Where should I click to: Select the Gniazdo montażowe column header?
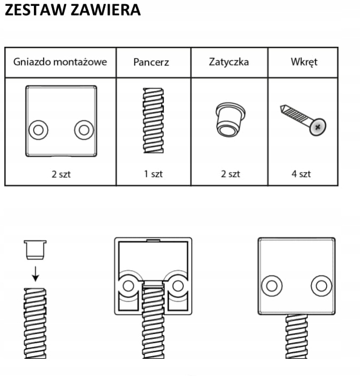tap(60, 62)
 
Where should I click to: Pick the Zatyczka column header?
tap(229, 62)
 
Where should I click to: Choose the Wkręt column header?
tap(303, 62)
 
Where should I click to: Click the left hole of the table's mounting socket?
tap(37, 129)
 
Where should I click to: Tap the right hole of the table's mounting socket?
tap(83, 129)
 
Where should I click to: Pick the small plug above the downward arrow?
tap(35, 249)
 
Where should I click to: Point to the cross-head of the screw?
tap(318, 127)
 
